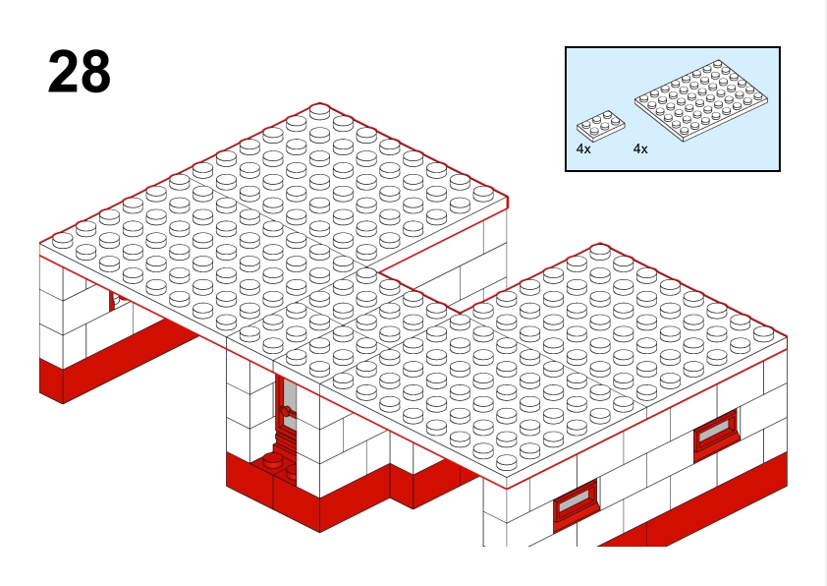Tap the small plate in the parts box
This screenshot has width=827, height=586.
(x=601, y=125)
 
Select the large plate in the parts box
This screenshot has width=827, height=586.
(x=701, y=100)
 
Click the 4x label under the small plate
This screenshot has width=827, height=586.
(x=583, y=148)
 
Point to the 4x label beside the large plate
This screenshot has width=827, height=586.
(x=640, y=148)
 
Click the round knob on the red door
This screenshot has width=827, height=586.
(x=286, y=411)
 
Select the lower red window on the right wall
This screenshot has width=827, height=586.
(x=576, y=499)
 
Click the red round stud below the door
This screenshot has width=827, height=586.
(x=273, y=460)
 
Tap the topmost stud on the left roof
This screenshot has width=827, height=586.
(x=319, y=111)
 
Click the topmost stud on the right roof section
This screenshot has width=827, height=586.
(x=600, y=252)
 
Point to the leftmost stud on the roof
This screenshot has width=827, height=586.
(x=62, y=240)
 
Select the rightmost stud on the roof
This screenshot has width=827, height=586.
(x=763, y=333)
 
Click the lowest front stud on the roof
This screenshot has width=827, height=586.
(x=507, y=462)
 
